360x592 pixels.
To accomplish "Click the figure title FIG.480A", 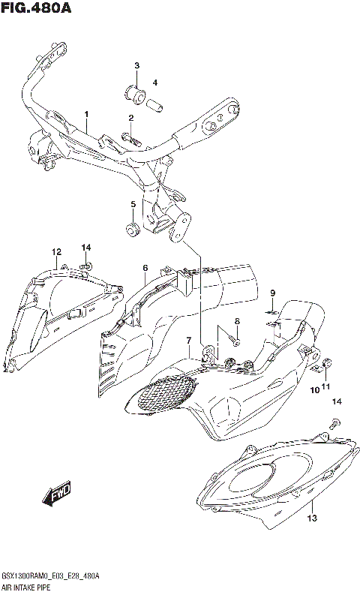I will coord(36,9).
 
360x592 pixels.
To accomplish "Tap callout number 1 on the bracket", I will coord(86,115).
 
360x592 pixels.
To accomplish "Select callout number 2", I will coord(130,118).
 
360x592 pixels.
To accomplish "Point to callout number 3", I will coord(137,67).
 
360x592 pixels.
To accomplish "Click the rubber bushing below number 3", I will coord(136,94).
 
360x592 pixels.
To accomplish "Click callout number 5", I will coord(133,204).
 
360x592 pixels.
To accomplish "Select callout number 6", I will coord(145,267).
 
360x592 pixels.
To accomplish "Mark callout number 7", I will coord(189,341).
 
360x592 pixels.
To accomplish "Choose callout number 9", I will coord(273,293).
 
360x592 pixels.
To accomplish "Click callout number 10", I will coord(316,388).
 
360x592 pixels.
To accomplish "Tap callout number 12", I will coord(56,251).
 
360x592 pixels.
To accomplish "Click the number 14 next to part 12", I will coord(86,248).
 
